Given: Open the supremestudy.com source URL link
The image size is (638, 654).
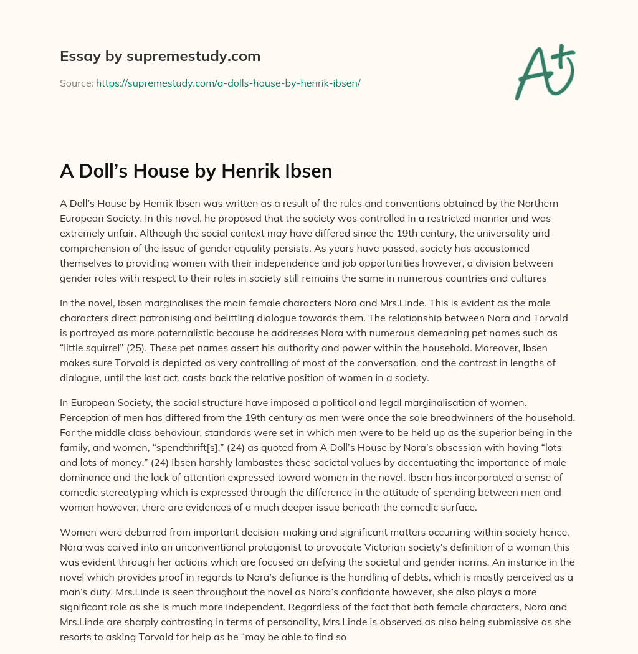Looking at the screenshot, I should click(228, 82).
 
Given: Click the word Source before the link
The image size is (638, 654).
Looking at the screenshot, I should click(76, 82).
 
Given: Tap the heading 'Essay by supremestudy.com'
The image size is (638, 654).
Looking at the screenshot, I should click(160, 57).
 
